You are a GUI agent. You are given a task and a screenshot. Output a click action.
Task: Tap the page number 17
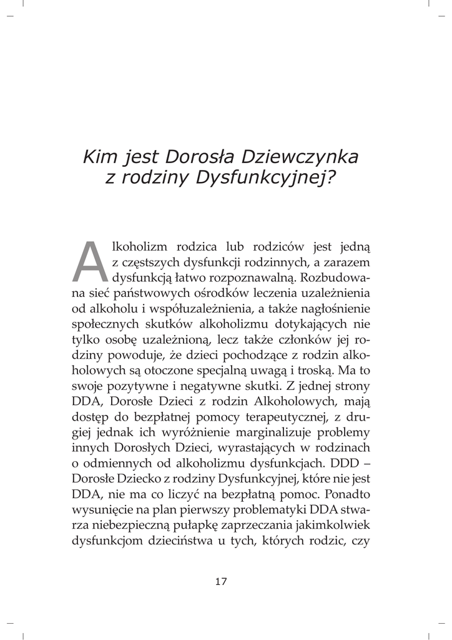point(221,581)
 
